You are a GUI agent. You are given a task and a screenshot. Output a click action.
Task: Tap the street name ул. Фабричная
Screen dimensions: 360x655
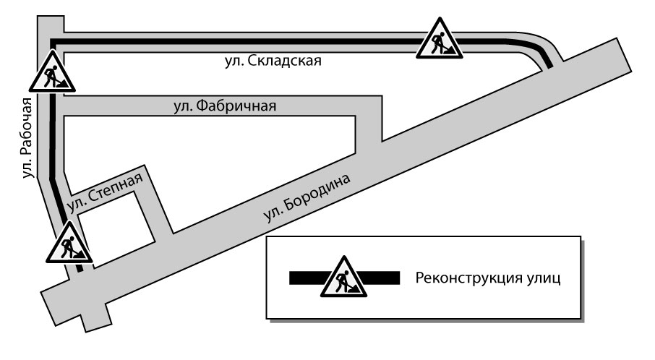(x=225, y=106)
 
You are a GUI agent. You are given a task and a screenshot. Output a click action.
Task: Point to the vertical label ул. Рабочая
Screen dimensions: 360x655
(x=28, y=137)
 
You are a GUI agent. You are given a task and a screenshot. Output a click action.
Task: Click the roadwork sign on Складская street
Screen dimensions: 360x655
(x=440, y=40)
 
